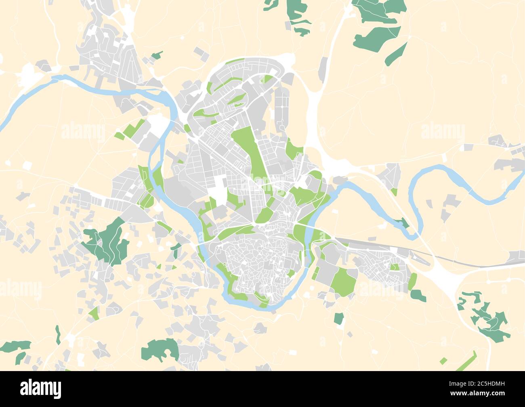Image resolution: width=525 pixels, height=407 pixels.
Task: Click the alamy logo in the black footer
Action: click(x=40, y=388)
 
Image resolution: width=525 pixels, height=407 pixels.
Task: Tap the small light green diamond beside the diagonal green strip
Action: click(x=443, y=361)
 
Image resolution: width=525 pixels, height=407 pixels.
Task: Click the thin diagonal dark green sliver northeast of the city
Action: click(x=396, y=55)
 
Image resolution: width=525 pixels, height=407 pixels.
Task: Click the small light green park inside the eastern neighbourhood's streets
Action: click(x=395, y=267)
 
